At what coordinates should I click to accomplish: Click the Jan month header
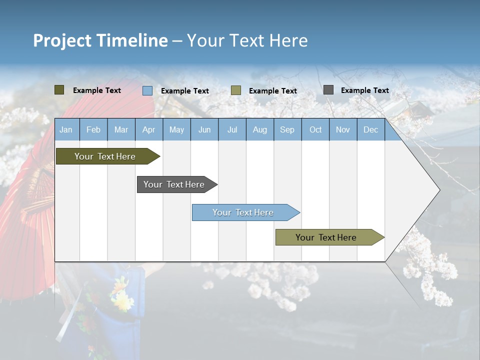pos(66,129)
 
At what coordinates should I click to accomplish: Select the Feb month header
pos(93,129)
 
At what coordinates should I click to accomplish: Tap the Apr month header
pos(148,129)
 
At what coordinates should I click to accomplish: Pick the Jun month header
pos(204,129)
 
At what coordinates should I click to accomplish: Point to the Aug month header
pos(259,129)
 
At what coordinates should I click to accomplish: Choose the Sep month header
pos(287,129)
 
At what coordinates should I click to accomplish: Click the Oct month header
pos(315,129)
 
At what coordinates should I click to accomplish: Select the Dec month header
pos(370,129)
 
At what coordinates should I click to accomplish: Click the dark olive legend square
pos(59,90)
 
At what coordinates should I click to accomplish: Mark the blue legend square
pos(147,90)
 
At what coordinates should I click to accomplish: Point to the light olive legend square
pos(236,90)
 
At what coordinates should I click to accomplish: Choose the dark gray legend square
pos(328,90)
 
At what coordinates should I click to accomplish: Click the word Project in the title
pos(62,40)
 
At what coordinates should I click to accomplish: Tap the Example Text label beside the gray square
pos(364,90)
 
